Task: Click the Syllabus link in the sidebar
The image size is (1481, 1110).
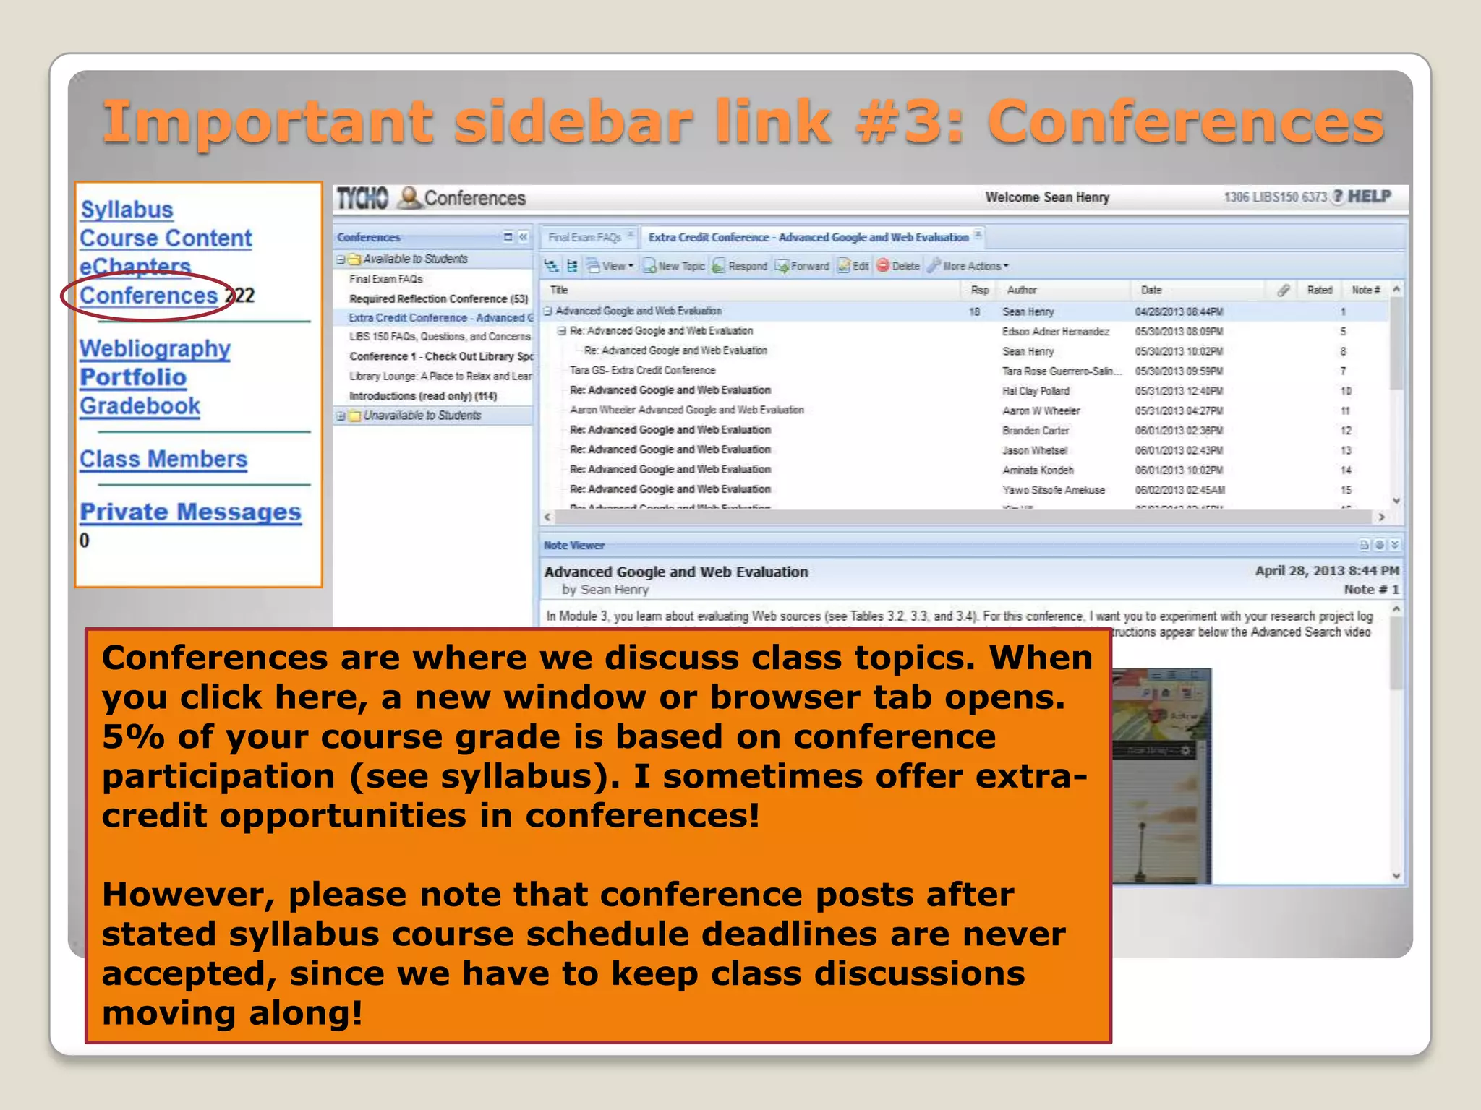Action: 127,210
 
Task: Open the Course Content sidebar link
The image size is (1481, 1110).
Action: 166,238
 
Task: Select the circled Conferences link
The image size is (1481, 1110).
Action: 148,296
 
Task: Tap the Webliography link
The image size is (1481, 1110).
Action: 155,349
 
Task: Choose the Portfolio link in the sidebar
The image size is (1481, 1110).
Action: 133,377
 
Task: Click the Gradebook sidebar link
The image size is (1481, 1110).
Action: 140,406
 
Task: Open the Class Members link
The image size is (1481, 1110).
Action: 163,459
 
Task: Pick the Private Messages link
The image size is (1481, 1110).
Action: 190,512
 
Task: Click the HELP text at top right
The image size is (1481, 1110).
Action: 1369,197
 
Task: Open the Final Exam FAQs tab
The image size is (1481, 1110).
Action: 584,237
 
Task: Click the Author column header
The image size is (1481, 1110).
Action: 1021,290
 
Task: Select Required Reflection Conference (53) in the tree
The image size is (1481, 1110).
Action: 438,298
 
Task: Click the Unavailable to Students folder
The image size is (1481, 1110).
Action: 422,416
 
